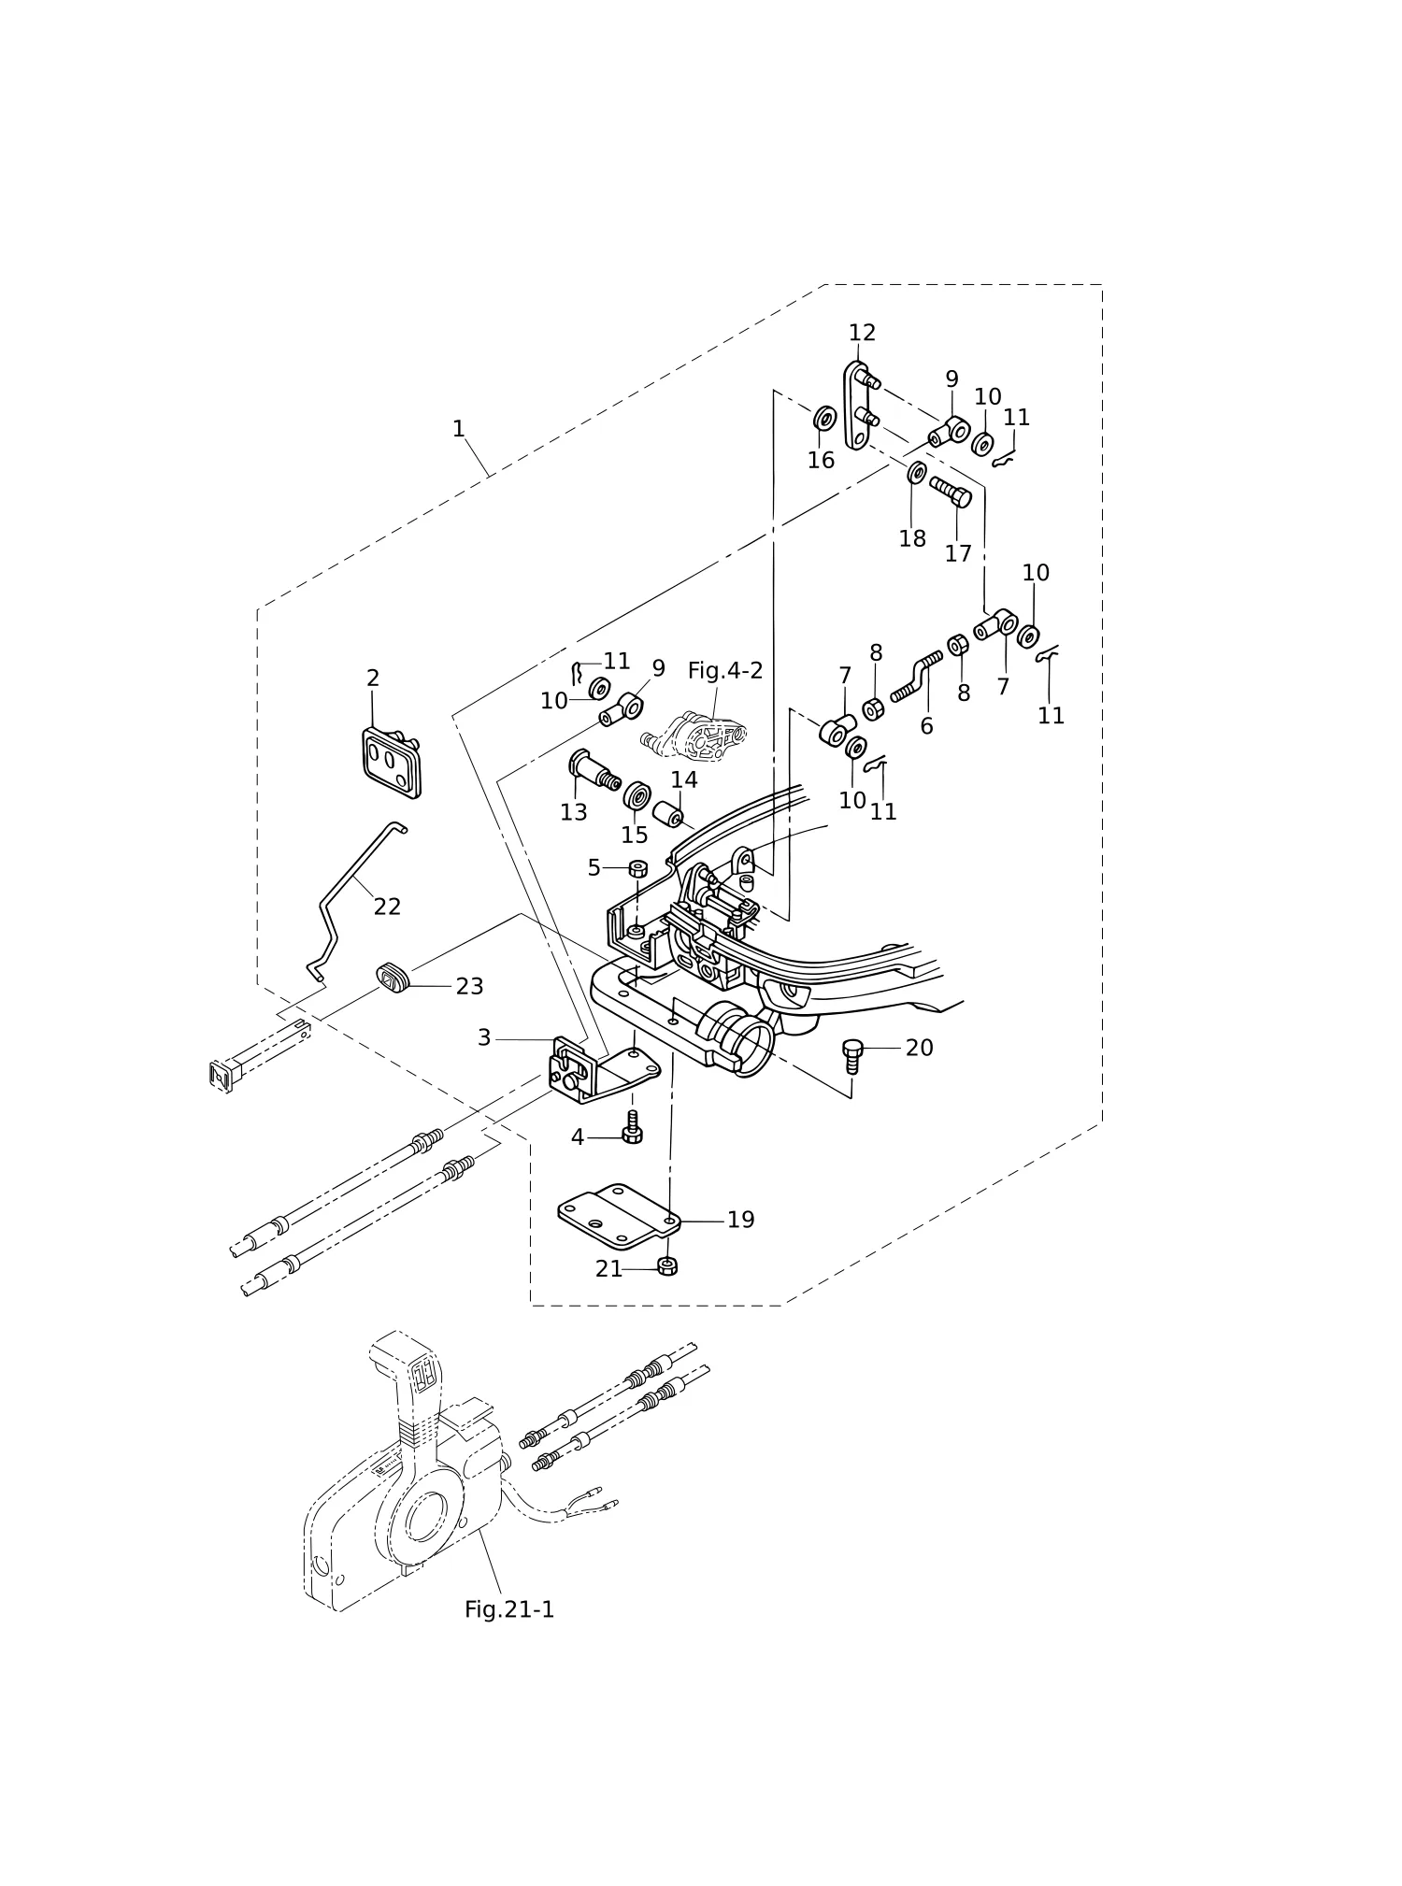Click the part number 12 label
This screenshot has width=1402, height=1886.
click(862, 333)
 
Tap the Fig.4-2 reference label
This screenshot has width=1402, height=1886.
click(725, 671)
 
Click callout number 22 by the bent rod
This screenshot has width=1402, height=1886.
click(387, 907)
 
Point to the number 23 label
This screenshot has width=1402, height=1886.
click(469, 986)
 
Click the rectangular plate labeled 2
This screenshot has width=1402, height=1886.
click(392, 763)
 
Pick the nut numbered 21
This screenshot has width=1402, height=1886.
click(667, 1267)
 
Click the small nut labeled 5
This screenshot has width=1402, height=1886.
click(638, 868)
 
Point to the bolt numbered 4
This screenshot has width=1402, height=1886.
click(632, 1127)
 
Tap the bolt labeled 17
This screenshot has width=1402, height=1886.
click(951, 492)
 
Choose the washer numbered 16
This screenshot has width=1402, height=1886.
click(823, 418)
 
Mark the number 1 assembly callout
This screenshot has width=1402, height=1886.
click(458, 429)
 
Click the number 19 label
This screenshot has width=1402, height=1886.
click(740, 1220)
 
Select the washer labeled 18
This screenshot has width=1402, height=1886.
click(917, 473)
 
